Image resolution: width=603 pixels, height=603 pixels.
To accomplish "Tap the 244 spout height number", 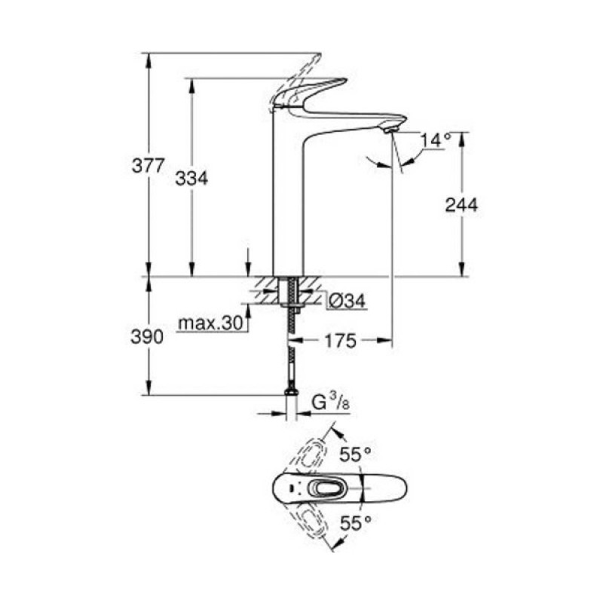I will tap(461, 204).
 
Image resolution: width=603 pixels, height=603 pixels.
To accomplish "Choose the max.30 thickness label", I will tap(212, 323).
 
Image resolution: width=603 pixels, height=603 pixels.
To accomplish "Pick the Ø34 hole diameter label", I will tap(347, 301).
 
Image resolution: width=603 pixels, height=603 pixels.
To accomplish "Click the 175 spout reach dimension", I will tap(340, 341).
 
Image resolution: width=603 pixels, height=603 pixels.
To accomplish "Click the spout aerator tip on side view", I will tap(390, 130).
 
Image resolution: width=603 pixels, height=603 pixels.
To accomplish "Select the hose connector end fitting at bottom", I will tap(289, 393).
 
